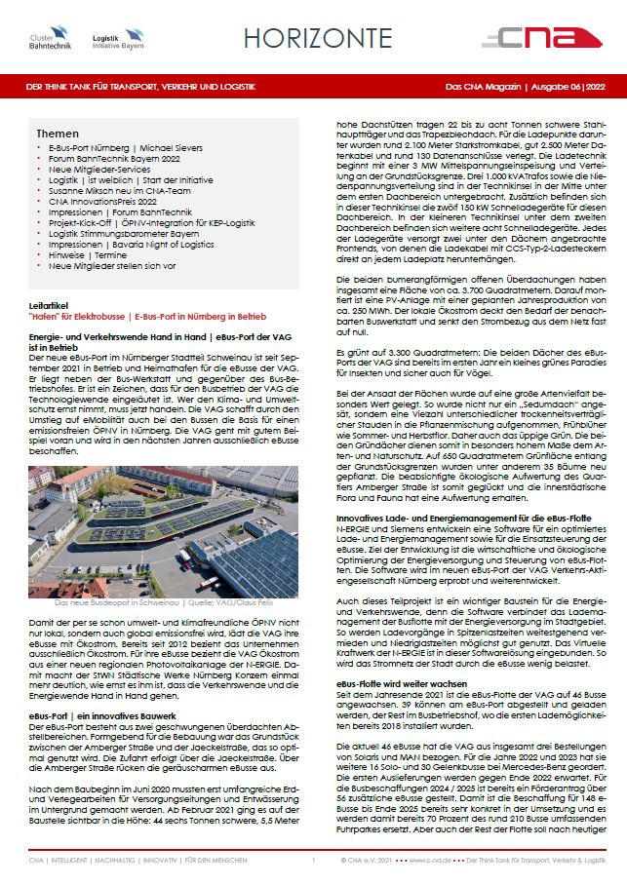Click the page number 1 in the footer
click(313, 862)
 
